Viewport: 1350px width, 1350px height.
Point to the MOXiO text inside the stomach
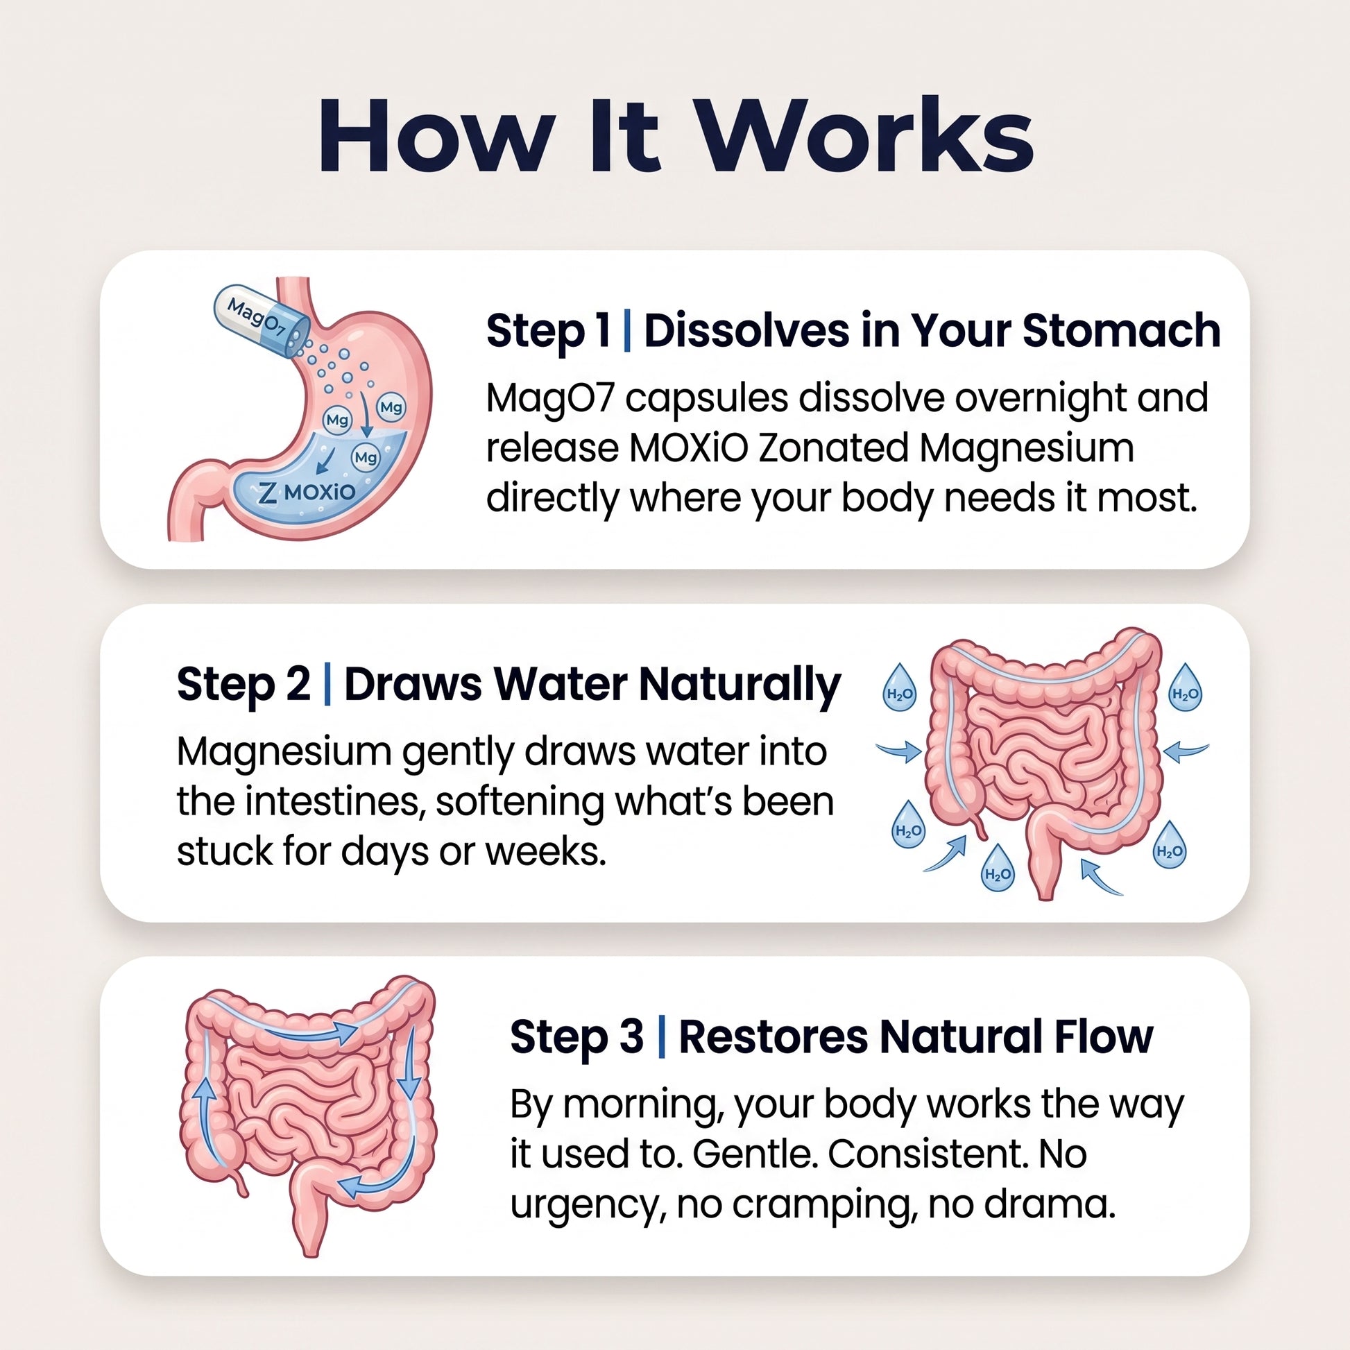[x=320, y=492]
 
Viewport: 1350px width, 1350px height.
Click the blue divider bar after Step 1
[x=626, y=332]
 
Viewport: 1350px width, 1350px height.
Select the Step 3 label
[x=576, y=1036]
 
